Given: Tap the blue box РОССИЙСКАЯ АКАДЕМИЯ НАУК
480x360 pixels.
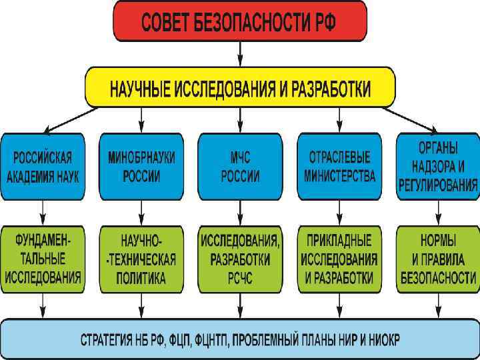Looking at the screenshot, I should click(43, 167).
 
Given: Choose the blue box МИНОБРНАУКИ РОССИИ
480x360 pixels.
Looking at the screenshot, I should click(141, 167).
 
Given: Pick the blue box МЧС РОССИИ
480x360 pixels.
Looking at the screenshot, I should click(239, 167).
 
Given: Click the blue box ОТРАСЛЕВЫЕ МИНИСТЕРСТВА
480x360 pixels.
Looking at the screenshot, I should click(339, 167).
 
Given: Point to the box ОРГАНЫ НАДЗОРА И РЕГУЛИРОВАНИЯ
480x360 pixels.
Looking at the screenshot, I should click(438, 167).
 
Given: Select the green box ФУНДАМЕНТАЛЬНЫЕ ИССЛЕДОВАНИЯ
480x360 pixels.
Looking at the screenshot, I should click(43, 259).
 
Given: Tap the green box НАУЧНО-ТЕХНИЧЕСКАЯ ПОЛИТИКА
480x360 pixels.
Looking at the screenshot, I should click(141, 259).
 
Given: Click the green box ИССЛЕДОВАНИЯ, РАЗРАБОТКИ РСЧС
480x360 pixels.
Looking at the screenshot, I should click(239, 259).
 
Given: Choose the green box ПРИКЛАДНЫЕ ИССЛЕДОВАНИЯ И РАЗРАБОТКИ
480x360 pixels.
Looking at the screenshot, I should click(339, 259).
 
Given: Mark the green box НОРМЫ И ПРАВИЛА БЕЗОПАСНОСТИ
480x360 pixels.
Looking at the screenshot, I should click(438, 259).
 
